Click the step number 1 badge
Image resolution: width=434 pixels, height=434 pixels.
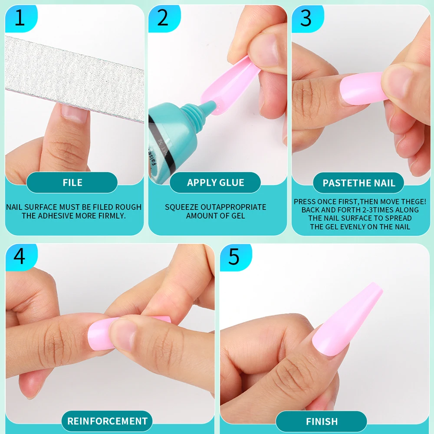[x=20, y=19]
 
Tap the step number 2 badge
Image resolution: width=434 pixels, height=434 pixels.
[x=163, y=19]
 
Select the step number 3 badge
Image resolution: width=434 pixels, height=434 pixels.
[x=306, y=19]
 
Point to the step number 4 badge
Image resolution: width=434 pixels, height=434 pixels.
[x=20, y=256]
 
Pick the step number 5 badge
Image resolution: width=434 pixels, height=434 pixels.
[x=234, y=256]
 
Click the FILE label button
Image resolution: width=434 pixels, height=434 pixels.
[x=72, y=183]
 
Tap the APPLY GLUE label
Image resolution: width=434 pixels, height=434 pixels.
[x=215, y=183]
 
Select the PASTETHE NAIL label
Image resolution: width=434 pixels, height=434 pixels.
[x=358, y=183]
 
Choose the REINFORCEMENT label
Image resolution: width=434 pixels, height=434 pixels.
[x=107, y=421]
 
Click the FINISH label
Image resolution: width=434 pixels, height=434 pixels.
[x=322, y=421]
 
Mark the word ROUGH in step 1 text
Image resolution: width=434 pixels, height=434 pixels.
[x=130, y=207]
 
